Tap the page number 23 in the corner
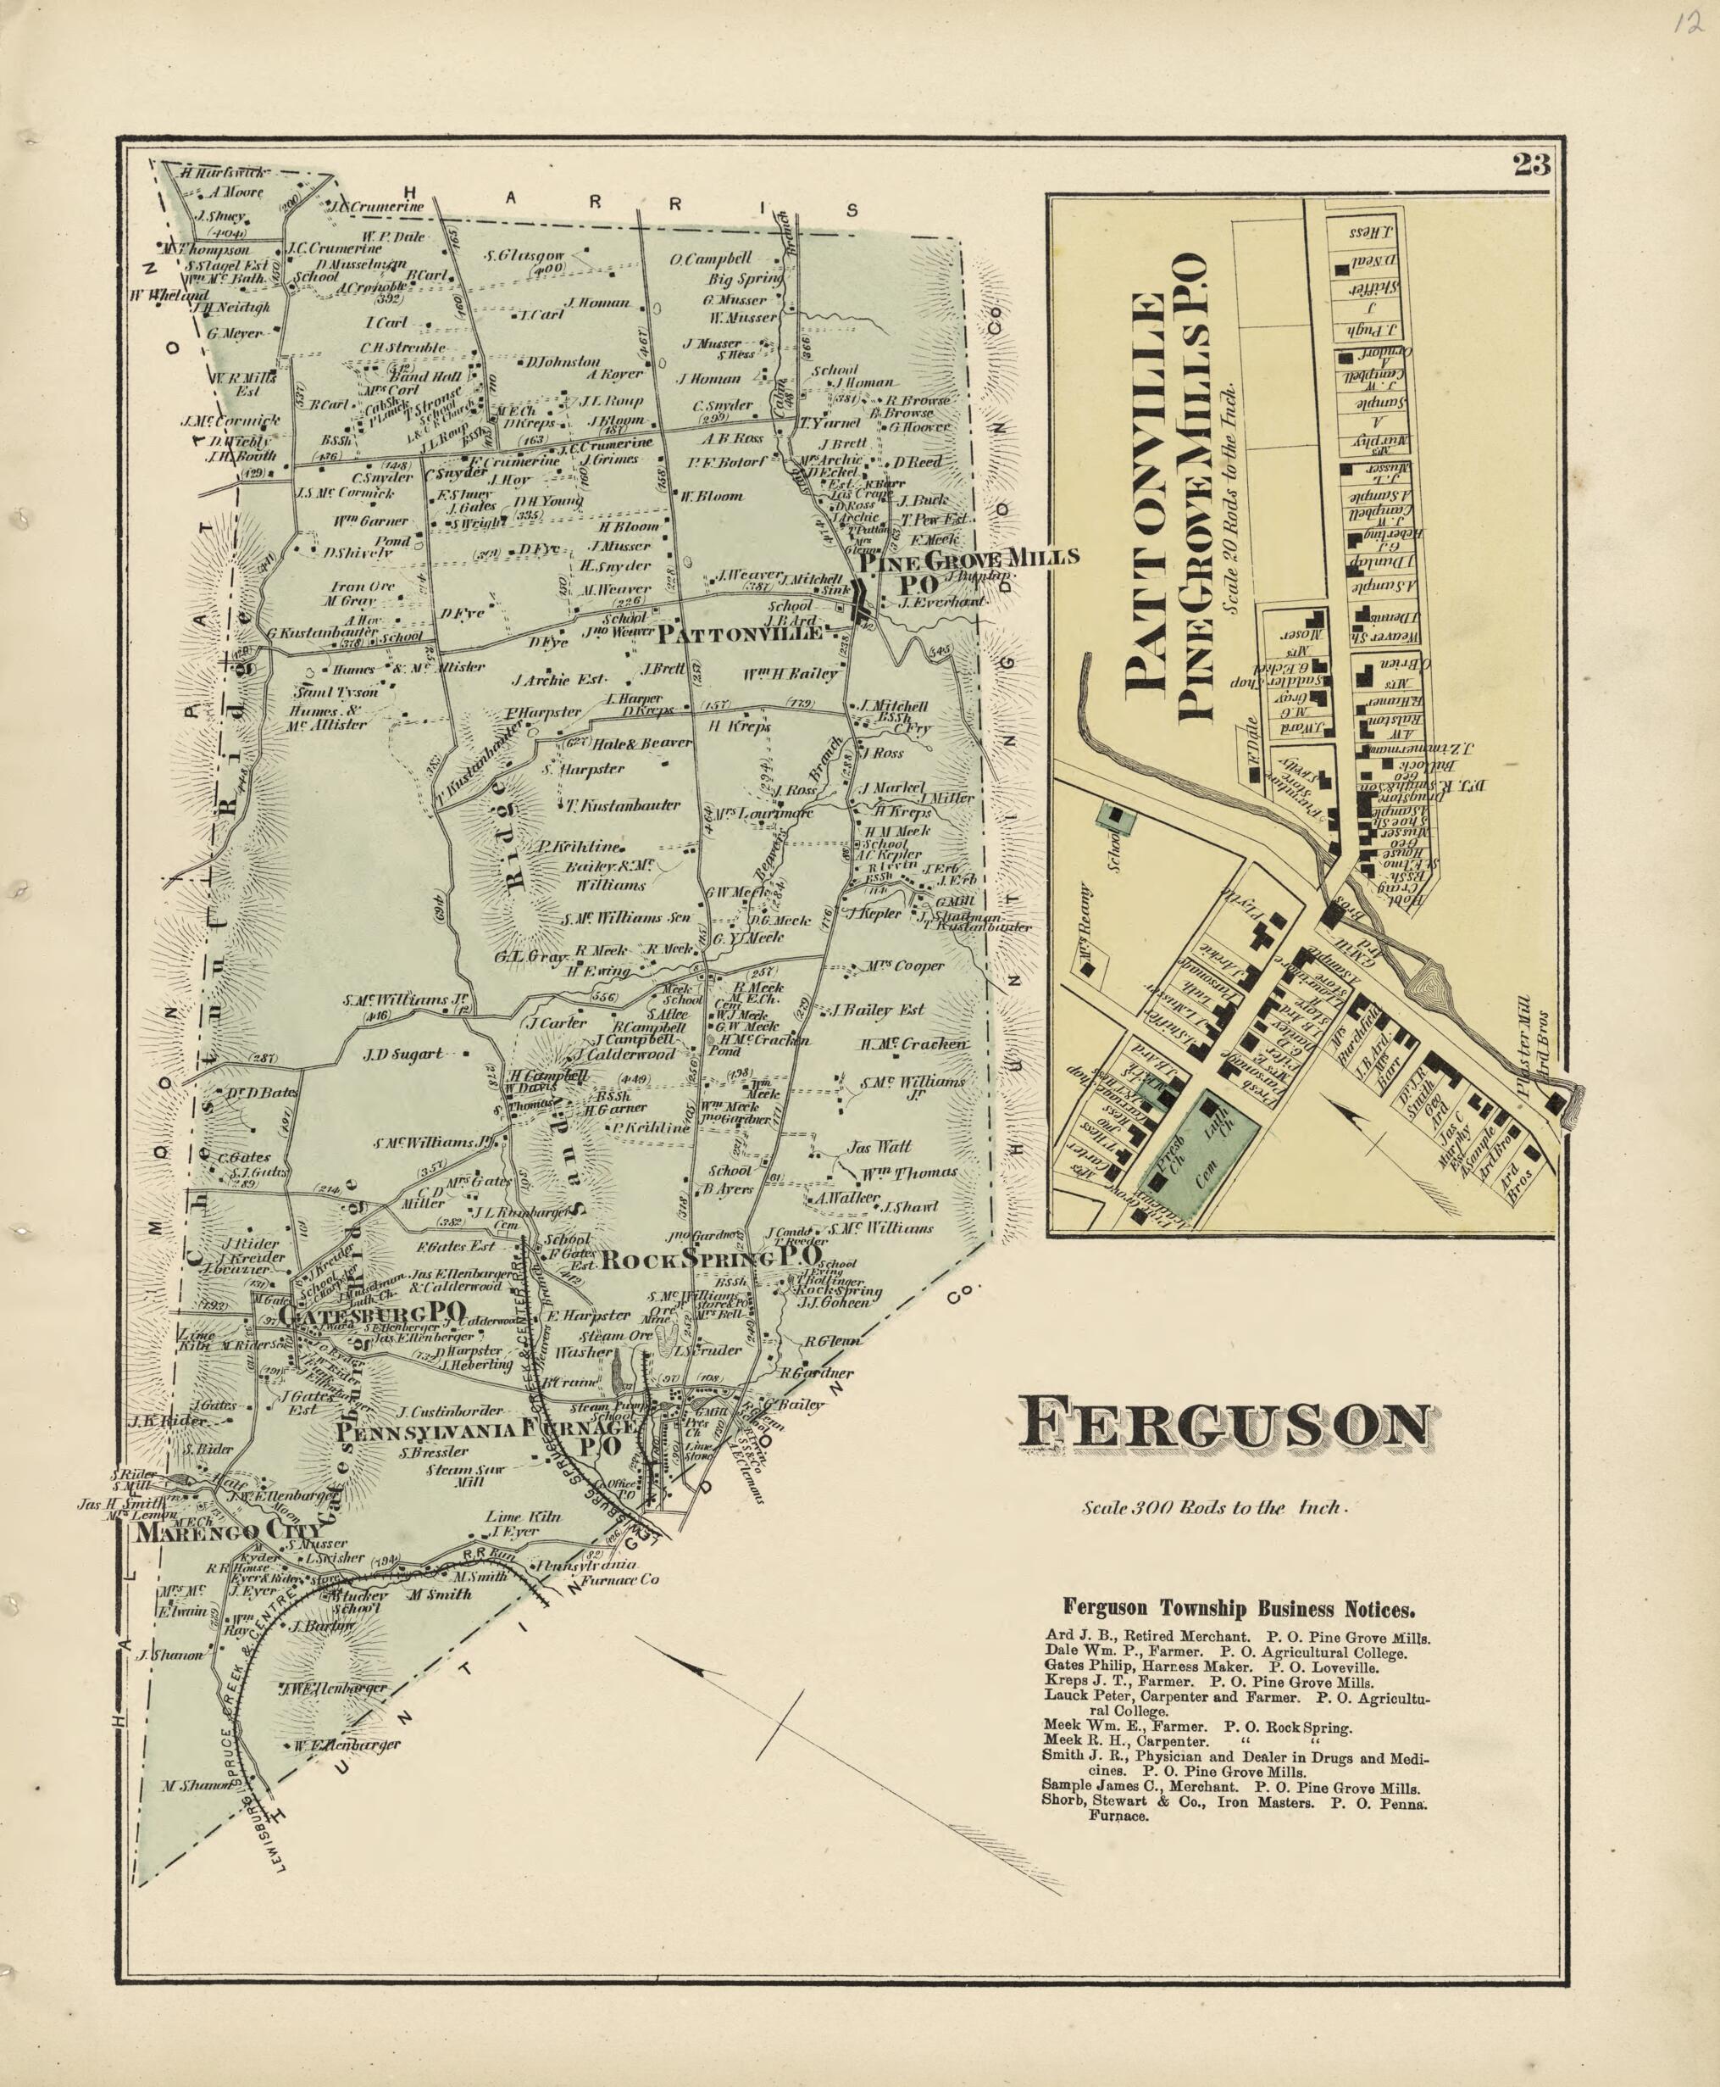(x=1531, y=164)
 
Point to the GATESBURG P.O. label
(x=372, y=1315)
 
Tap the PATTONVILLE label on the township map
(x=739, y=632)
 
